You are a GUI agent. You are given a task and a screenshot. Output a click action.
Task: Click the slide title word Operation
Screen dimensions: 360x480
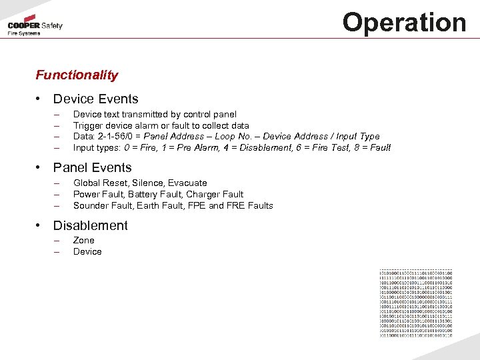(404, 22)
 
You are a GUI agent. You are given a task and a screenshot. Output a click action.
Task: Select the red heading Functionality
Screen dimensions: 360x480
(77, 75)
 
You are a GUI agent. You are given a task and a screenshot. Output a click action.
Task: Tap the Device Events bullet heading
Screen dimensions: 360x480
(95, 99)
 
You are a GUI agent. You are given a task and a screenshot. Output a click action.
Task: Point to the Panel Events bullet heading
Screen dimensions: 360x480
(92, 168)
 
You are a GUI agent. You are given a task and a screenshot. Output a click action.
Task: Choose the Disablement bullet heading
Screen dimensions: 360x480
(90, 225)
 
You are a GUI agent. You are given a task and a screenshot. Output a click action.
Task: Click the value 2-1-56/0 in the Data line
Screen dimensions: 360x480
(113, 137)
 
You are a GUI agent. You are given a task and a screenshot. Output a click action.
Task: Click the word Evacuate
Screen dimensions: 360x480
(187, 183)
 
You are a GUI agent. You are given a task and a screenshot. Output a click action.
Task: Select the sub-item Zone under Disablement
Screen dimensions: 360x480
(84, 240)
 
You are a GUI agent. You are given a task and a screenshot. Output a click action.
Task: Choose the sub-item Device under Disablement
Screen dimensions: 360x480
(87, 251)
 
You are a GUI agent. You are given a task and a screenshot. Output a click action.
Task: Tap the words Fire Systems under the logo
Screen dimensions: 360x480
(24, 33)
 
